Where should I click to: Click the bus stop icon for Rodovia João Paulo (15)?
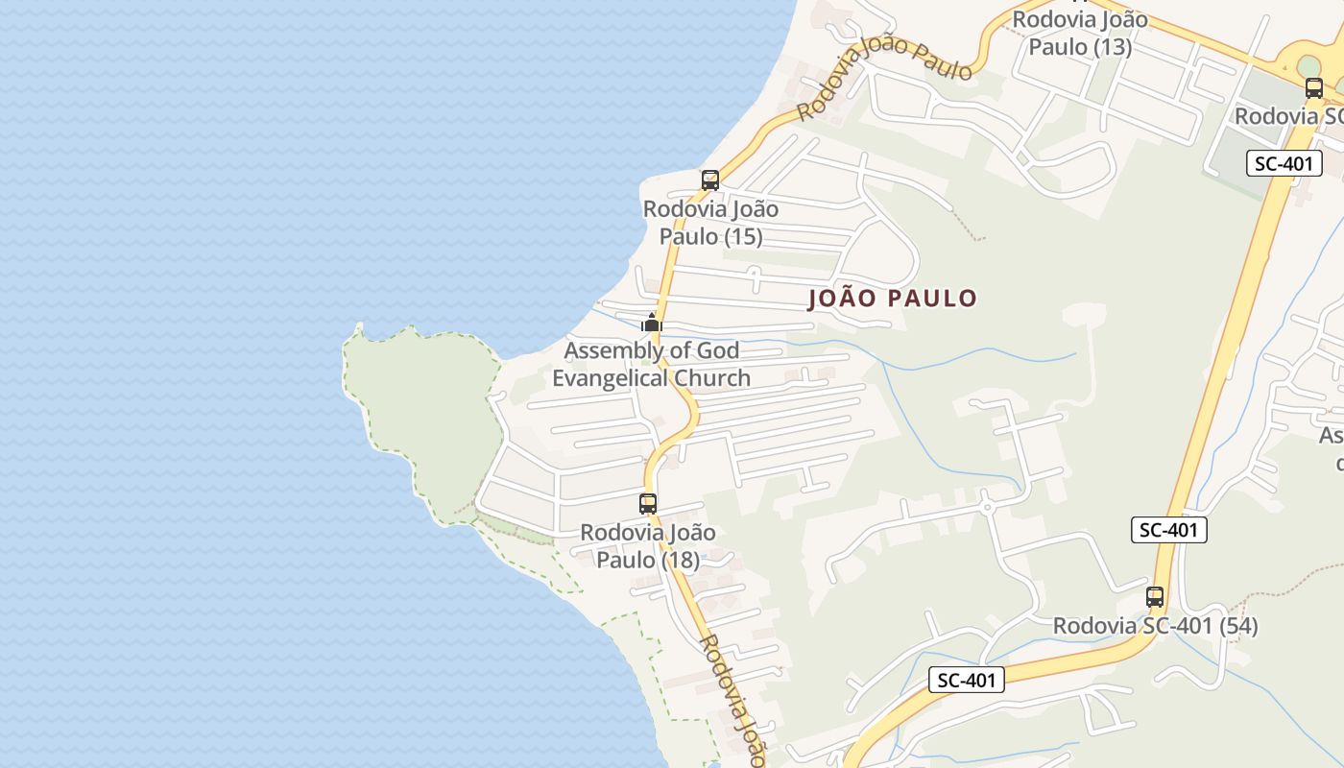click(709, 180)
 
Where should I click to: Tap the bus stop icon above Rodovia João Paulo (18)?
click(648, 503)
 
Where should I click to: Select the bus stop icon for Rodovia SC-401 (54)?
click(1154, 596)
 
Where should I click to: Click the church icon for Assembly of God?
click(652, 323)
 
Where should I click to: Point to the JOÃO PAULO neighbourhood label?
click(892, 299)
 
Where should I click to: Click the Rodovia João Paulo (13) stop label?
click(1080, 33)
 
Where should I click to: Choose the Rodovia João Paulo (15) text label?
click(710, 223)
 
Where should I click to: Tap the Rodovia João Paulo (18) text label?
click(648, 545)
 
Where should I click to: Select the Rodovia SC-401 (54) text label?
click(1155, 626)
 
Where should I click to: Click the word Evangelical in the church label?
click(612, 378)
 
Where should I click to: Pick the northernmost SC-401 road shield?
click(1284, 163)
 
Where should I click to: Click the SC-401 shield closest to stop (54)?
click(1168, 529)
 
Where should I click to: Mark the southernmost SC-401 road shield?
click(967, 681)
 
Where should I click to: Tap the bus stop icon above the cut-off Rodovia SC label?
click(1313, 88)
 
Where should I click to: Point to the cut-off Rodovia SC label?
click(1289, 116)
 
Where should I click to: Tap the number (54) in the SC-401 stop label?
click(1235, 626)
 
